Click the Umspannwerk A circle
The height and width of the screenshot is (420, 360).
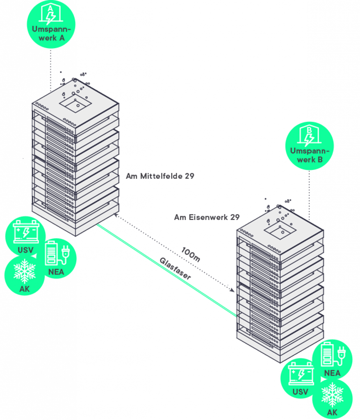coord(51,25)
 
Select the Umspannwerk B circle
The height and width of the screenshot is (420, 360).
coord(309,146)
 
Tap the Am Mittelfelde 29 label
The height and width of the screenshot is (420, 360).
coord(160,176)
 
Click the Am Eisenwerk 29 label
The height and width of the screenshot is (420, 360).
coord(207,217)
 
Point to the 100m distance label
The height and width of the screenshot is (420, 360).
coord(191,254)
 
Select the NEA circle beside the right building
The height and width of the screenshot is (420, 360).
coord(332,359)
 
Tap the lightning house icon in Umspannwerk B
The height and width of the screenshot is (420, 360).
coord(309,135)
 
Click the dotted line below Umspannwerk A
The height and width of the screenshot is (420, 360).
coord(51,70)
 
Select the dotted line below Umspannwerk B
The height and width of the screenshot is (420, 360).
coord(309,193)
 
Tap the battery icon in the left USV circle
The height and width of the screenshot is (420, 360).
coord(26,232)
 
